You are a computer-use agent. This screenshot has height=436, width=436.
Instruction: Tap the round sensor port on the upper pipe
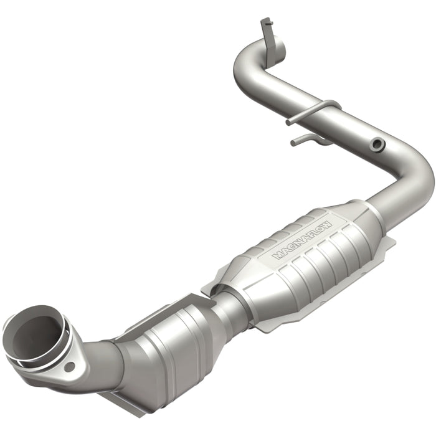pos(376,145)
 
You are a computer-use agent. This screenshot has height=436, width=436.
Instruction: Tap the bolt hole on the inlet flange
pos(69,367)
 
